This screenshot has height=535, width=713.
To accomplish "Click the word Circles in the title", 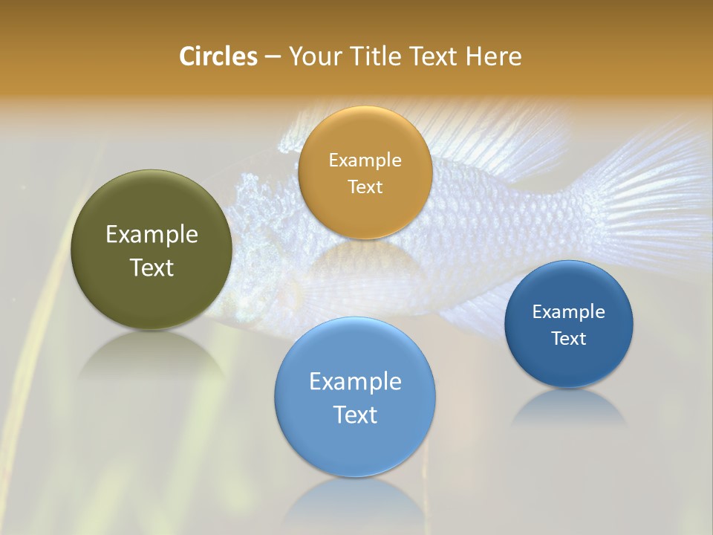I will [x=218, y=56].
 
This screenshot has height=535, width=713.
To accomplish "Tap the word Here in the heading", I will [x=495, y=56].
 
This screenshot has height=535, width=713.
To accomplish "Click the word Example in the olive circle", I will [x=152, y=235].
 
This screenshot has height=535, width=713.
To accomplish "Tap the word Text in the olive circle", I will [x=152, y=267].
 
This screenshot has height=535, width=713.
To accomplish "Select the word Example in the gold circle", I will [x=365, y=160].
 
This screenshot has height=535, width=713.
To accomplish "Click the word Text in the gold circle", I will [x=365, y=187].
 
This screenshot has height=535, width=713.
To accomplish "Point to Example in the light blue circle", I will [x=355, y=382].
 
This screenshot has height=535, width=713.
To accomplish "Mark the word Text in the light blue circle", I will [x=355, y=415].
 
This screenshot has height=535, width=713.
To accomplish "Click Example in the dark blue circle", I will [x=568, y=311].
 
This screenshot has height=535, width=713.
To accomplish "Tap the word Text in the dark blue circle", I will [x=568, y=338].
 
